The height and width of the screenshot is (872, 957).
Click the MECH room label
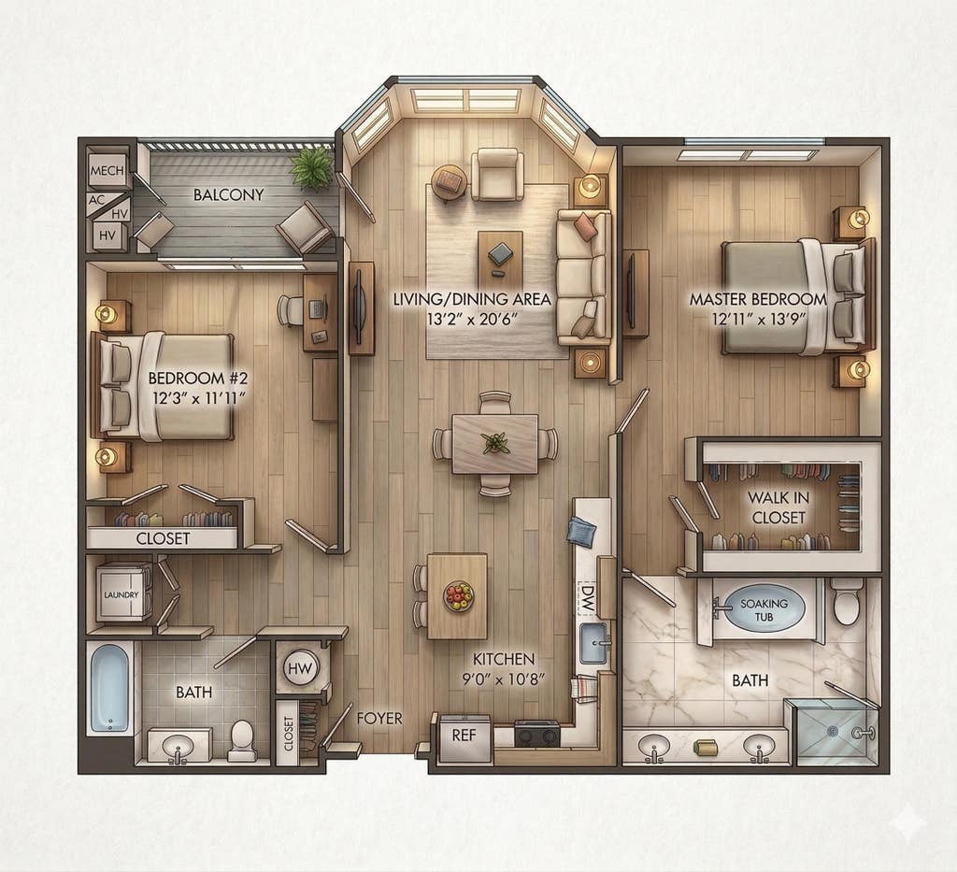click(x=107, y=171)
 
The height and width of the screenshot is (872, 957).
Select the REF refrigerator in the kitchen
click(x=464, y=737)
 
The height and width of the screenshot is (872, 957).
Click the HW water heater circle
click(x=300, y=668)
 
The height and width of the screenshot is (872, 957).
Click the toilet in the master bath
click(x=847, y=600)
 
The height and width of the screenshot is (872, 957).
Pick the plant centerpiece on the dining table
click(x=495, y=442)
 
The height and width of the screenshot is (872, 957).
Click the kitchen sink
click(x=593, y=643)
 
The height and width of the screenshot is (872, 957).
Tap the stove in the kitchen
click(x=536, y=733)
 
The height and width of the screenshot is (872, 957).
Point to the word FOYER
click(x=379, y=718)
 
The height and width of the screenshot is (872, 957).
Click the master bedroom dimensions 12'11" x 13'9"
click(x=759, y=319)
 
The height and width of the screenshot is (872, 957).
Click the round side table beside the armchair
click(x=450, y=181)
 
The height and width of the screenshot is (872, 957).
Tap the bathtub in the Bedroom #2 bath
click(x=110, y=687)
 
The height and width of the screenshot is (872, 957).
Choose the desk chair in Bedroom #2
click(x=292, y=310)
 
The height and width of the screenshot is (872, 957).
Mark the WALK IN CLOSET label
click(x=778, y=507)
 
